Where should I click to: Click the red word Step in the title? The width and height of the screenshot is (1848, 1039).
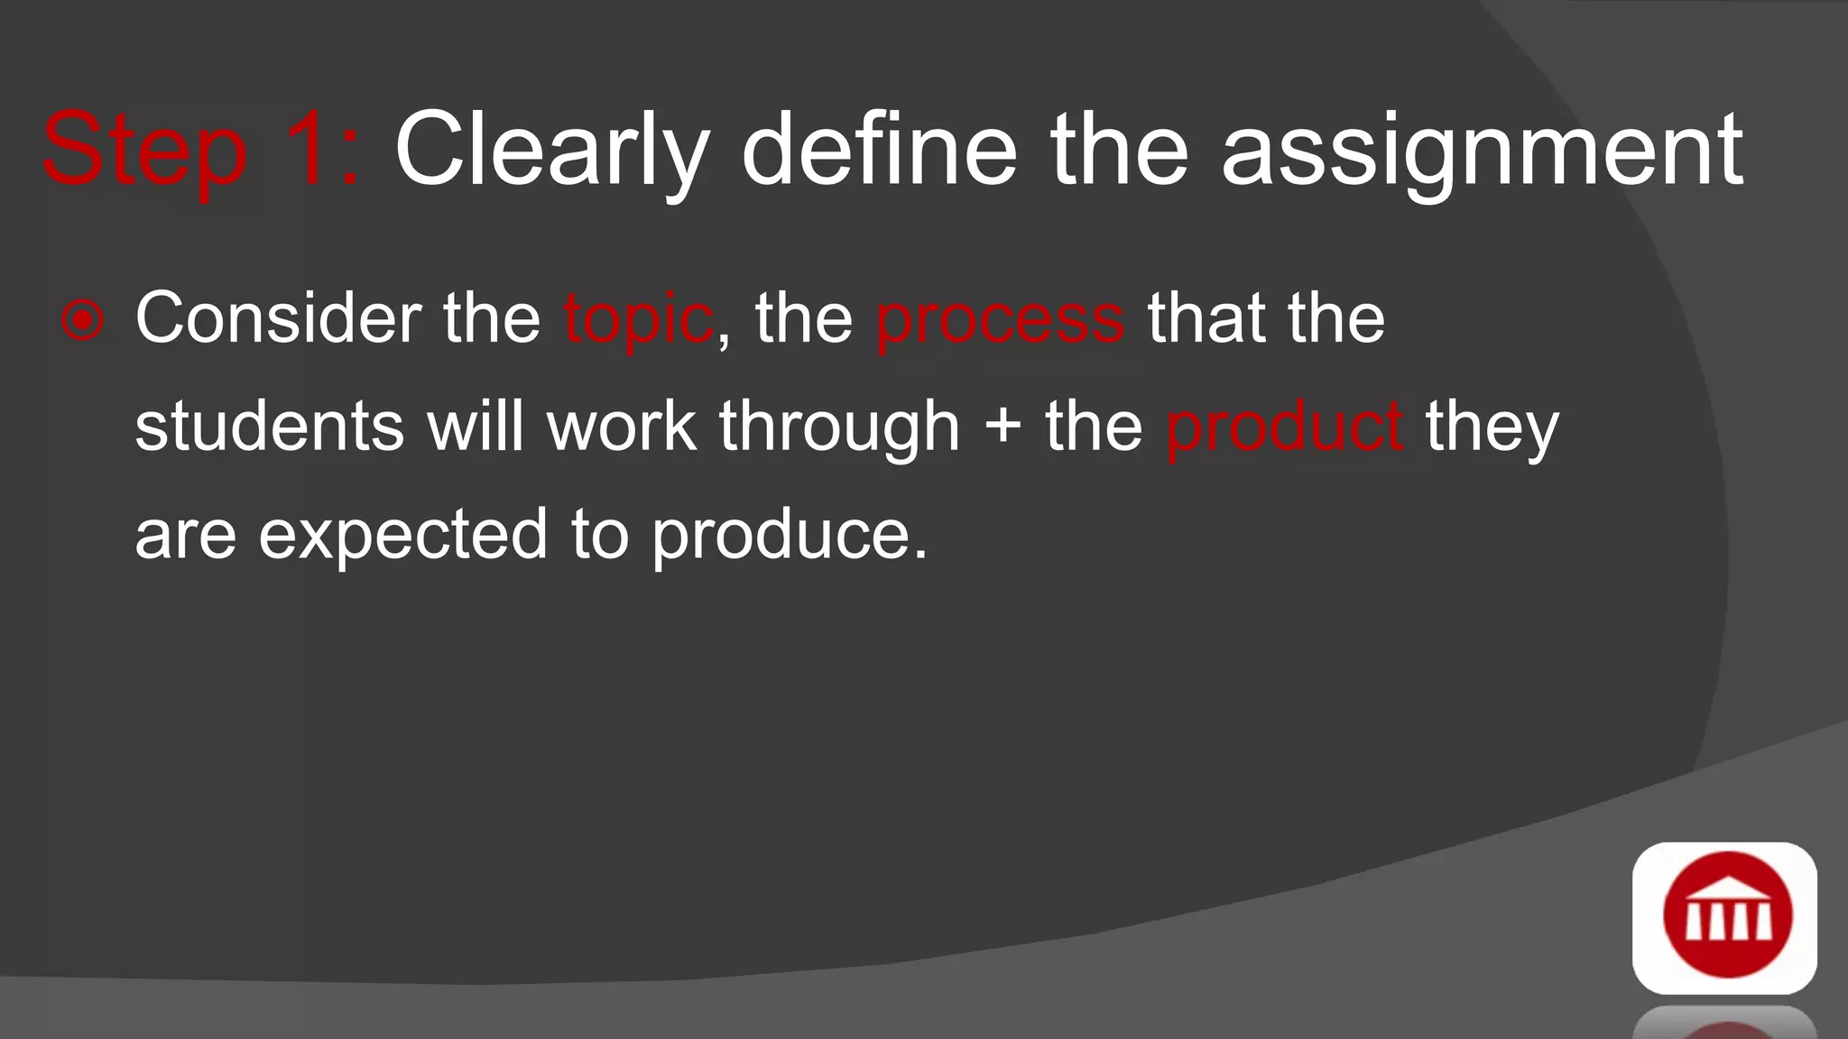pos(144,152)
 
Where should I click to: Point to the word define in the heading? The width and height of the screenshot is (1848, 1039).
pos(879,149)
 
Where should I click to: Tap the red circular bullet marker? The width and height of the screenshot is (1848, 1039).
pos(83,320)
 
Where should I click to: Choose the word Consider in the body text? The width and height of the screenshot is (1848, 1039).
pos(278,318)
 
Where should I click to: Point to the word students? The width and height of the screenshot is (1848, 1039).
pos(270,427)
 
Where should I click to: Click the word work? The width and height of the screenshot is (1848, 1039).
pos(622,426)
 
